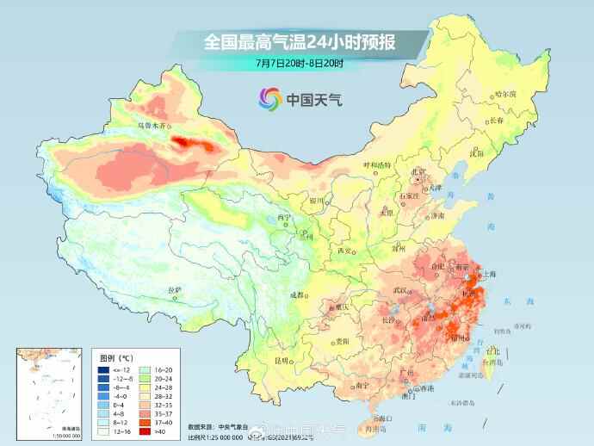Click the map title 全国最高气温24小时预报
pyautogui.click(x=298, y=40)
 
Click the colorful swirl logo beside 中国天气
pyautogui.click(x=269, y=99)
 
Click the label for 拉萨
pyautogui.click(x=174, y=289)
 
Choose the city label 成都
pyautogui.click(x=298, y=295)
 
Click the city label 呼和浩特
pyautogui.click(x=376, y=164)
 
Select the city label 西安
pyautogui.click(x=345, y=251)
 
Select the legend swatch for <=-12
pyautogui.click(x=103, y=369)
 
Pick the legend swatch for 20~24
pyautogui.click(x=145, y=378)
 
